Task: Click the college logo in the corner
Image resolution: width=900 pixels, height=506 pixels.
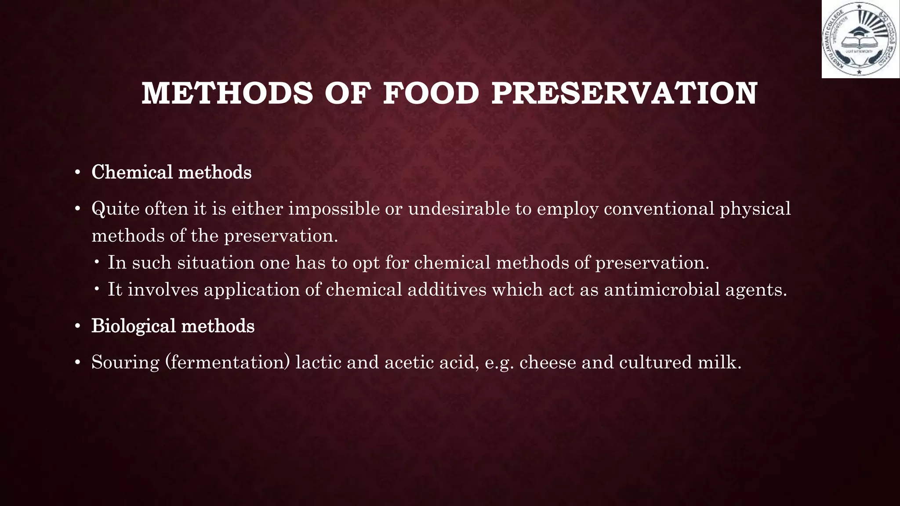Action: pyautogui.click(x=860, y=40)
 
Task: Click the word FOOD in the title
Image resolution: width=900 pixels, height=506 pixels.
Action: pyautogui.click(x=431, y=94)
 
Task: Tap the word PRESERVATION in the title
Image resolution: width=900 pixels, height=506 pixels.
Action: pyautogui.click(x=624, y=94)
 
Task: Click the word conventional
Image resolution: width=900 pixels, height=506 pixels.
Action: pyautogui.click(x=659, y=209)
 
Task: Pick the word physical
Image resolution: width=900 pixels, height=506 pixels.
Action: pyautogui.click(x=755, y=209)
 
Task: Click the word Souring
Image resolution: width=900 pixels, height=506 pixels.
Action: pyautogui.click(x=125, y=362)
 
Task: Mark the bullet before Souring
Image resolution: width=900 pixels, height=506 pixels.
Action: pyautogui.click(x=77, y=363)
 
